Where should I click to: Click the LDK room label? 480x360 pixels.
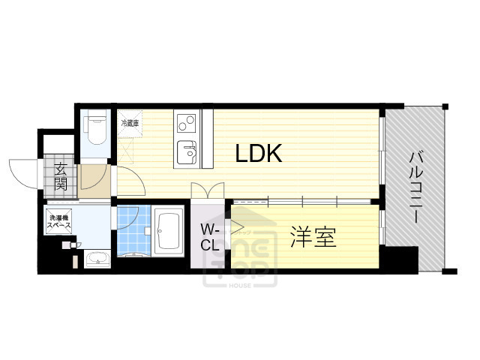259,154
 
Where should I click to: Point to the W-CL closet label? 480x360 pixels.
209,237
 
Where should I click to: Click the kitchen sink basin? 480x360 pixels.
185,154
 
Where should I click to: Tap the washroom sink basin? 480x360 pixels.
97,259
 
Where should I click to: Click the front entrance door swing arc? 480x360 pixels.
24,174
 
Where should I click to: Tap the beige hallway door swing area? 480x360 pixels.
95,179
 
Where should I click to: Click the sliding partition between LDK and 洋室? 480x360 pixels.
304,200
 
